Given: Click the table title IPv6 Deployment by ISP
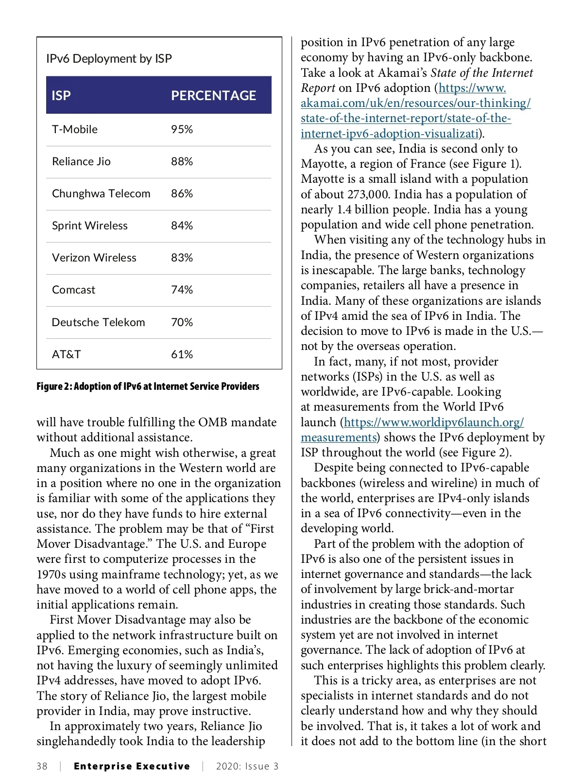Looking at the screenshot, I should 109,59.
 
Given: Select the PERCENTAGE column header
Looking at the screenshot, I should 213,95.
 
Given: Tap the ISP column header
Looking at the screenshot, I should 61,95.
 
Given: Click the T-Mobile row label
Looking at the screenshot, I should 75,129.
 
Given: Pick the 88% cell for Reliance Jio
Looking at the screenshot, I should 182,161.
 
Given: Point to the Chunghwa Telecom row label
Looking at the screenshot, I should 101,193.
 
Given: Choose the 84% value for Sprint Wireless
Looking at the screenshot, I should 182,226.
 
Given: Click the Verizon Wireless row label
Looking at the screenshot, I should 94,258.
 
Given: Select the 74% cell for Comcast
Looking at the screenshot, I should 182,290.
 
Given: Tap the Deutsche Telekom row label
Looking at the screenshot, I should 98,322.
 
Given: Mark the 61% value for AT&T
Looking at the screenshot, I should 182,354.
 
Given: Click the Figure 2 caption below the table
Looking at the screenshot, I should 148,386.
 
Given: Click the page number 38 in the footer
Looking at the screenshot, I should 42,767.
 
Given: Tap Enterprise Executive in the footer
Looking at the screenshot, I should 132,767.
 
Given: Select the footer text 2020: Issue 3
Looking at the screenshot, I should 247,767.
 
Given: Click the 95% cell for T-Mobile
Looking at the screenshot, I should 182,129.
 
